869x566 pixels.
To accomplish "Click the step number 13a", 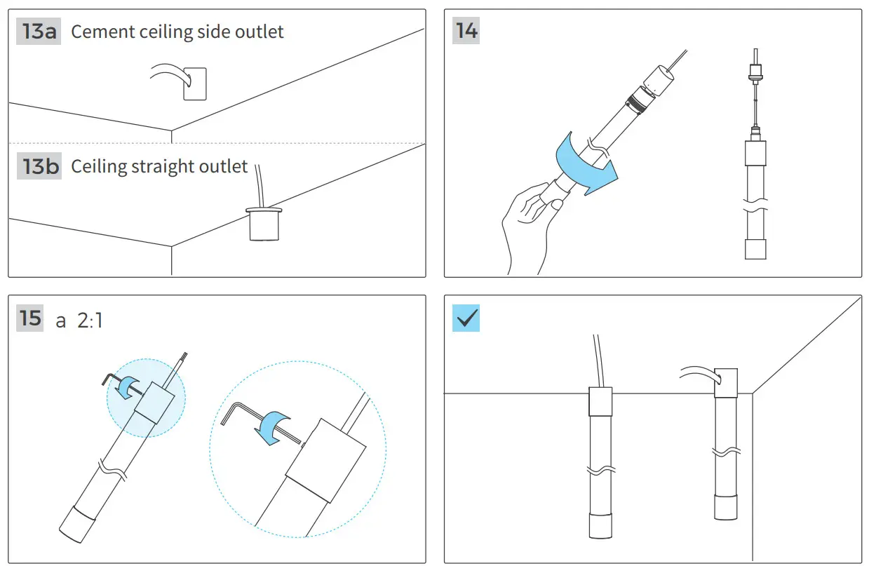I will coord(39,32).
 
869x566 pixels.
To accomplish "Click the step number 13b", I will coord(39,166).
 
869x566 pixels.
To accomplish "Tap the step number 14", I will coord(466,32).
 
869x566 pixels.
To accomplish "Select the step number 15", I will coord(31,318).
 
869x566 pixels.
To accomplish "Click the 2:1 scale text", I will coord(90,321).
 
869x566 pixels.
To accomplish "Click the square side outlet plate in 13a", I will coord(194,83).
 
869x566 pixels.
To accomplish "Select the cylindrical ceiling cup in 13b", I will coord(263,224).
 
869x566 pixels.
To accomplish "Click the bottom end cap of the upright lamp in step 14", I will coord(755,248).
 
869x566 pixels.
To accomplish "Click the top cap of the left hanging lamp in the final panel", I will coord(600,402).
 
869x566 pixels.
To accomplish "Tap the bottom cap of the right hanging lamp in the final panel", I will coord(727,506).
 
